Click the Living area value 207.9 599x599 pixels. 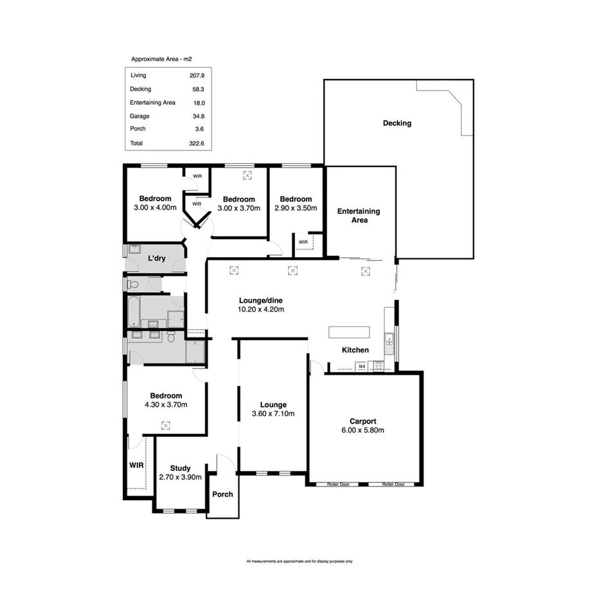click(x=196, y=76)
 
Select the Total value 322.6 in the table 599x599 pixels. click(x=196, y=143)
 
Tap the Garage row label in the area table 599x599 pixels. click(x=139, y=116)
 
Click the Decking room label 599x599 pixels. click(x=397, y=123)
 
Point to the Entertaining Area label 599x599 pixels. click(x=359, y=215)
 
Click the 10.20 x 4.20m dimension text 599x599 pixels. click(x=262, y=309)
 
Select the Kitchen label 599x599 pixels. click(x=355, y=350)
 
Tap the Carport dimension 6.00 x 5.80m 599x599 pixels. click(x=364, y=430)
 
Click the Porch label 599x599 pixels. click(x=222, y=494)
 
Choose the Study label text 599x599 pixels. click(x=181, y=469)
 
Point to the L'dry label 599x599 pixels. click(x=158, y=258)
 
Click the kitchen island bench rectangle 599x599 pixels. click(x=350, y=332)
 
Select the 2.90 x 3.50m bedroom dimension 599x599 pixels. click(x=296, y=208)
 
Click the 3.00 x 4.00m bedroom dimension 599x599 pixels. click(x=155, y=208)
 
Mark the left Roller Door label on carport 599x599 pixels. click(x=337, y=484)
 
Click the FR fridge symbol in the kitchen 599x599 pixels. click(x=362, y=366)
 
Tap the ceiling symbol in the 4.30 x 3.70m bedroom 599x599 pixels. click(x=166, y=425)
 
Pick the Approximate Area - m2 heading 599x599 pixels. click(x=162, y=58)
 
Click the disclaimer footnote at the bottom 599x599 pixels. click(x=299, y=561)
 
